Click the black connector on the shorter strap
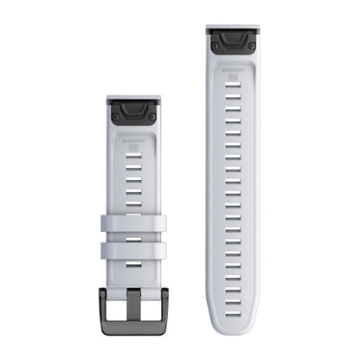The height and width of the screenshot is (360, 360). (x=132, y=111)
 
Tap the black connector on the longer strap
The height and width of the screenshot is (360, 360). (x=232, y=39)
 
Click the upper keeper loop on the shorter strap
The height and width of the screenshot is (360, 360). (x=132, y=223)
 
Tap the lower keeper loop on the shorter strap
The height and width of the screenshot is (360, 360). (x=132, y=251)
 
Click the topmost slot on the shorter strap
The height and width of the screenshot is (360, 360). (x=132, y=159)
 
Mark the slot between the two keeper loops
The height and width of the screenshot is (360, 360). (x=132, y=237)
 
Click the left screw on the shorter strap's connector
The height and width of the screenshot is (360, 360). (x=115, y=114)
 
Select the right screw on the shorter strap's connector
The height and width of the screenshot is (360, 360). (x=151, y=114)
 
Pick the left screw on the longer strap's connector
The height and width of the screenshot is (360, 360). (x=214, y=42)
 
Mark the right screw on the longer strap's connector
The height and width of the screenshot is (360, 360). (x=251, y=42)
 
